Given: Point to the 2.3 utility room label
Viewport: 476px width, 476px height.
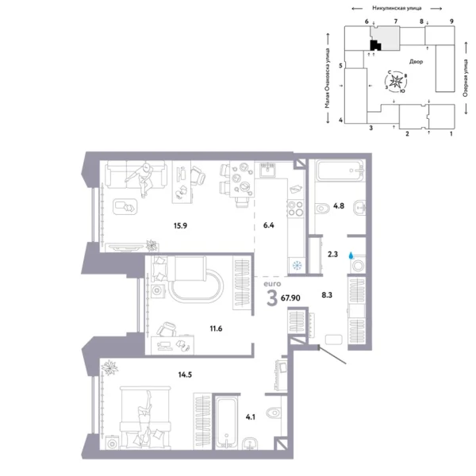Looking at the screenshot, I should pyautogui.click(x=332, y=255).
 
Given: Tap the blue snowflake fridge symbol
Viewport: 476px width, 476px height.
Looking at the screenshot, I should pyautogui.click(x=297, y=265).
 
